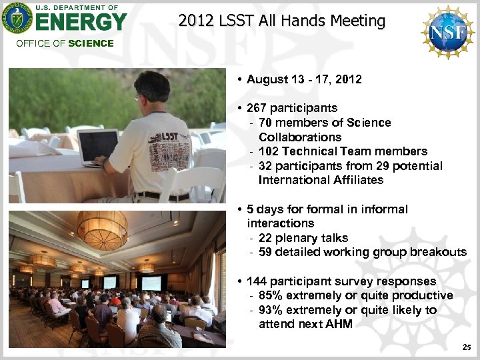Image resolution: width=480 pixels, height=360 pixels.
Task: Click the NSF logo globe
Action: [447, 31]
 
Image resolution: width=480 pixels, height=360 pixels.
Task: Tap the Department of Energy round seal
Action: [17, 18]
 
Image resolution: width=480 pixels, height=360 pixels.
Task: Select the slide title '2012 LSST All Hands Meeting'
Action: [282, 21]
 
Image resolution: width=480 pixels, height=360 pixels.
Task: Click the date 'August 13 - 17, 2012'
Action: [304, 79]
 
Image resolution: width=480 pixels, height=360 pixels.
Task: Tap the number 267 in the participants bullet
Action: [257, 108]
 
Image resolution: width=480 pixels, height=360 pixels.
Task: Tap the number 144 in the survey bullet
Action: [257, 281]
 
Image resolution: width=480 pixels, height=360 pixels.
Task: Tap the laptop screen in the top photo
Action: [97, 146]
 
